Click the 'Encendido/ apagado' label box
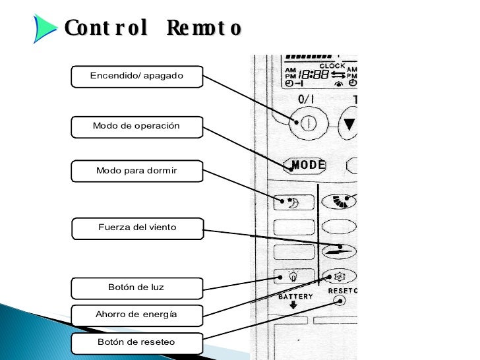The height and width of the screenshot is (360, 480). [136, 76]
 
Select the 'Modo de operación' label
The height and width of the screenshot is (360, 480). [136, 126]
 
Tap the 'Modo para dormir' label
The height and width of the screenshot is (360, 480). [136, 171]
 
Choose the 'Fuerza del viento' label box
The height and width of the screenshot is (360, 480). [137, 227]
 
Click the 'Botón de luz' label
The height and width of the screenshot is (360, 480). [136, 287]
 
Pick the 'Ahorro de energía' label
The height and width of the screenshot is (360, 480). [136, 315]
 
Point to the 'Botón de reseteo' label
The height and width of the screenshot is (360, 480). [136, 342]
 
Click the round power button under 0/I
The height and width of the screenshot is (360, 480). [306, 123]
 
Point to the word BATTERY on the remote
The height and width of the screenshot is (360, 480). [295, 297]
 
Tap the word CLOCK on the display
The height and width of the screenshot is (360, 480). [332, 65]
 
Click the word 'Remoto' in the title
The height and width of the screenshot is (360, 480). [204, 28]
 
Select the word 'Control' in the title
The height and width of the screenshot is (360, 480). [105, 28]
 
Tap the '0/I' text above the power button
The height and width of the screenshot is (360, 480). [306, 100]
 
